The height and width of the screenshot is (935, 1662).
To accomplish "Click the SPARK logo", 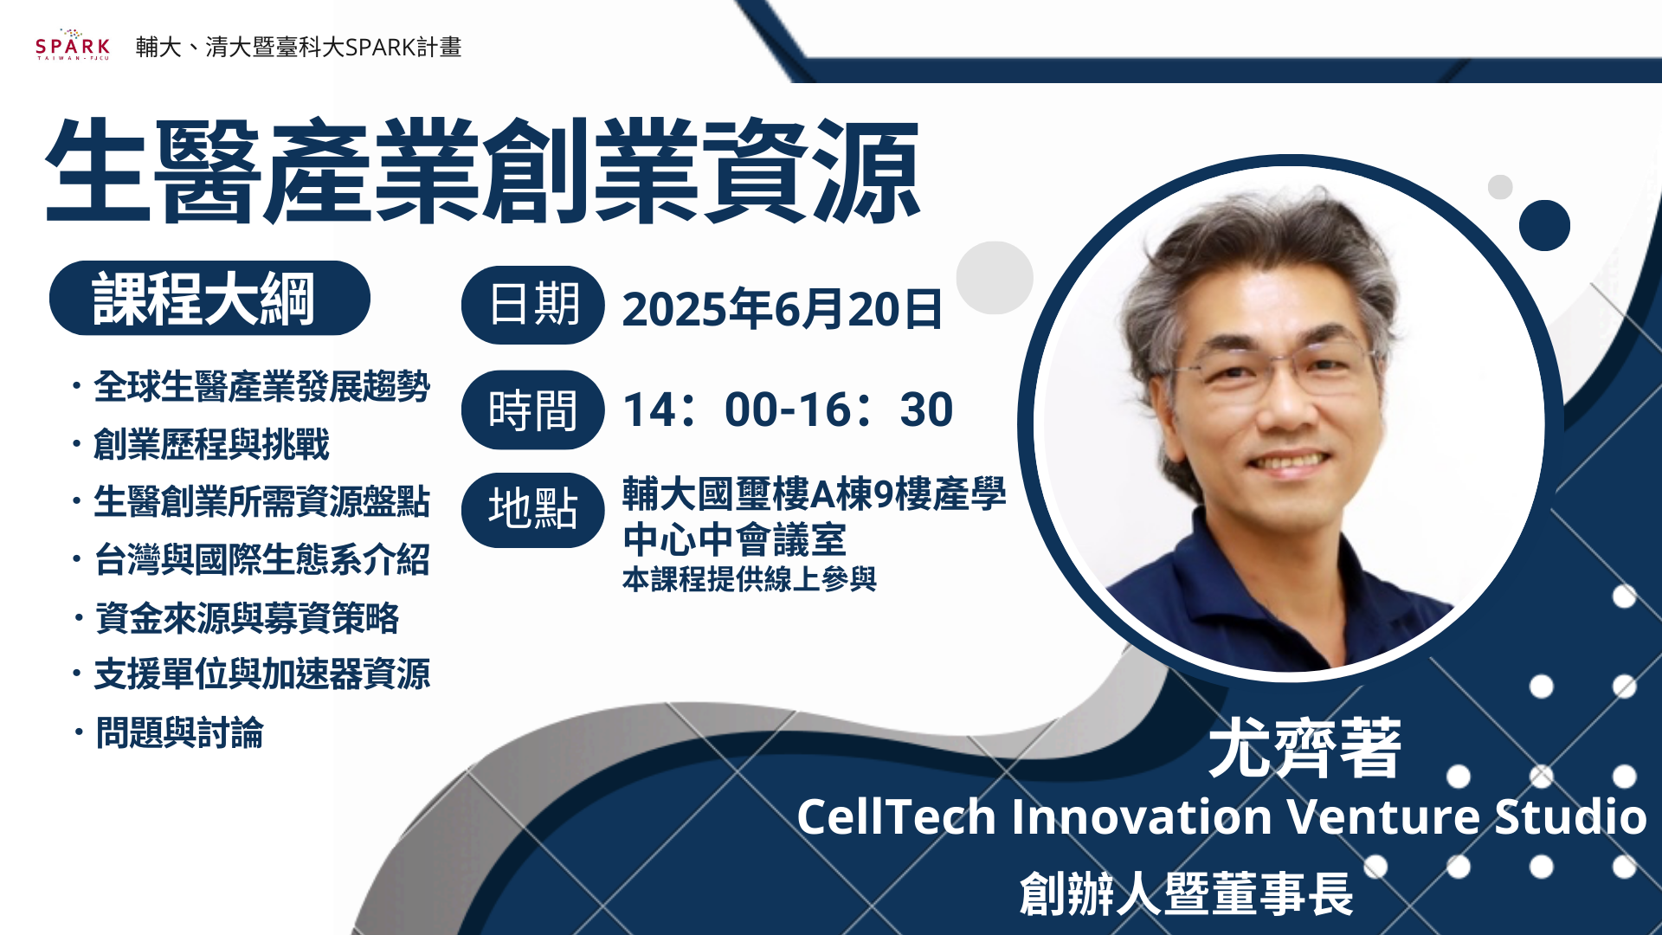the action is (x=73, y=45).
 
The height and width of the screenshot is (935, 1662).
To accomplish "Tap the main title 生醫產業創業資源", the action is (x=482, y=171).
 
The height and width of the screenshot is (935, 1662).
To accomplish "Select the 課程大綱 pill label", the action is (x=209, y=299).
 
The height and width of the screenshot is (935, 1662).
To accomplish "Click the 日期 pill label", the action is (x=532, y=305).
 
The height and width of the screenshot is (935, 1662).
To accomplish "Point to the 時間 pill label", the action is (x=532, y=410).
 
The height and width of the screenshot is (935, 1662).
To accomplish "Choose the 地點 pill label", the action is (x=532, y=509).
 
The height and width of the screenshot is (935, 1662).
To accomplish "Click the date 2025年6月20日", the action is (x=782, y=308).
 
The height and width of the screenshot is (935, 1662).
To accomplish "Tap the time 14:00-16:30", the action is (x=788, y=409).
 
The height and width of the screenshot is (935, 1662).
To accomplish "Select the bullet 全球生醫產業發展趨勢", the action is (x=261, y=386).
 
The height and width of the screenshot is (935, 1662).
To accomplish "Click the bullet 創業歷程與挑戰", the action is (x=211, y=444).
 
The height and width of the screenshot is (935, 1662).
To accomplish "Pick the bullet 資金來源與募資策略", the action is (x=247, y=617).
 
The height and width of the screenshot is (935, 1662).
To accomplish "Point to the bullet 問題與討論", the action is (x=179, y=732).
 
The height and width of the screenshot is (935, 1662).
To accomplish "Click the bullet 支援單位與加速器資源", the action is (x=261, y=674).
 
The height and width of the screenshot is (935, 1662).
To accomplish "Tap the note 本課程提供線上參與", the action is (x=750, y=578).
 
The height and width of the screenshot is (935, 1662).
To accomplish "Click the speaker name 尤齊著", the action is (x=1304, y=748).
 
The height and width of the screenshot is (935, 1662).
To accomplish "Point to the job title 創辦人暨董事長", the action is (x=1186, y=893).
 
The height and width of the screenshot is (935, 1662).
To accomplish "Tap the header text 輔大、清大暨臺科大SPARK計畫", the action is (x=299, y=47).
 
